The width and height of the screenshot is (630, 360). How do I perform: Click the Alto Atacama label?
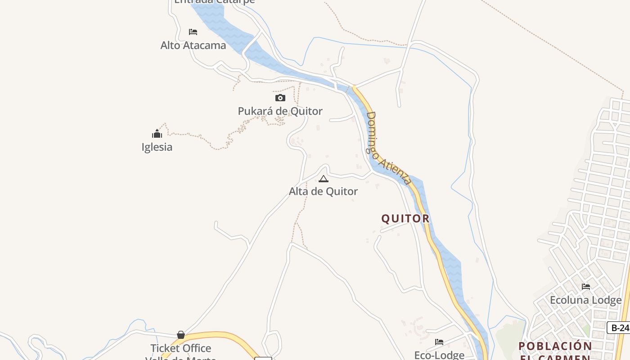point(193,45)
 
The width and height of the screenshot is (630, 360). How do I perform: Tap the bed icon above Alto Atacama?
point(193,32)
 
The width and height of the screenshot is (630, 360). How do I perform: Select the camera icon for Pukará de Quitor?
point(280,98)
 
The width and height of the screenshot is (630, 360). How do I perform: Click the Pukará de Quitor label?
point(280,111)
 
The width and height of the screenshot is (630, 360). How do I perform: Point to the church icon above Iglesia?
point(157,134)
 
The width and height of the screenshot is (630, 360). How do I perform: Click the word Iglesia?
point(157,147)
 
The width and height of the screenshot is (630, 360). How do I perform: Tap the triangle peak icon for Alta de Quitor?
point(324,179)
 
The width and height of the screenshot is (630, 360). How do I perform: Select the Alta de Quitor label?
point(323,191)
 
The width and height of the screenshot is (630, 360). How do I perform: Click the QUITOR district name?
point(405,219)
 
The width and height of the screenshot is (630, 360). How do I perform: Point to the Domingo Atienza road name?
point(388,148)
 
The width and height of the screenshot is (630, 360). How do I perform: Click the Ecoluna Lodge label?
point(585,300)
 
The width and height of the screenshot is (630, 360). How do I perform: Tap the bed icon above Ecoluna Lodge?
point(585,286)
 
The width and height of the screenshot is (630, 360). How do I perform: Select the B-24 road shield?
point(620,328)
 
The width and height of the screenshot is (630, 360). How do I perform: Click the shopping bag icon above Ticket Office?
point(181,335)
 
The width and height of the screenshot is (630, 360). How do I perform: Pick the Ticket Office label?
point(181,348)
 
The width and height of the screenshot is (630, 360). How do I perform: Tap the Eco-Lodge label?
point(439,355)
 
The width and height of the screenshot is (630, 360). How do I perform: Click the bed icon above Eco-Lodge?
point(439,342)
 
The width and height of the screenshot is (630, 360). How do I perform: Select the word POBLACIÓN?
point(555,346)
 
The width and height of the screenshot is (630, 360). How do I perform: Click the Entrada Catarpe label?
point(215,1)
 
